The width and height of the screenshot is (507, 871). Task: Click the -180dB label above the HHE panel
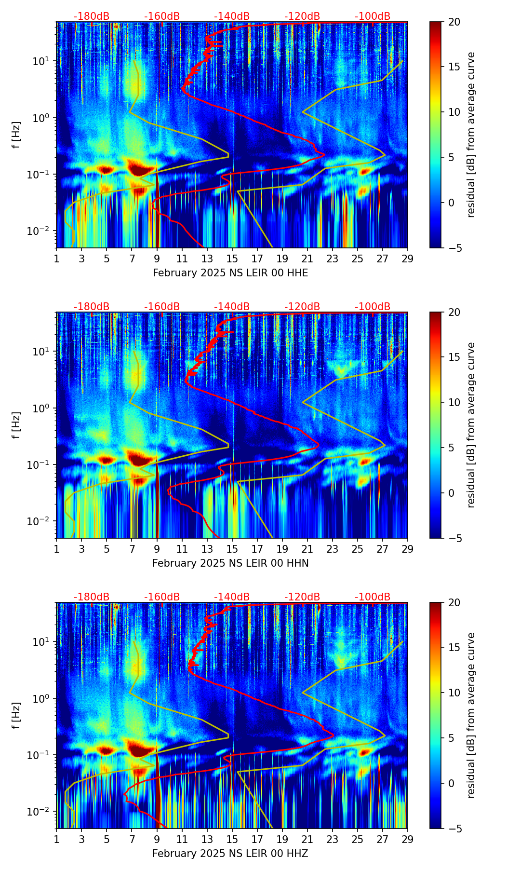92,16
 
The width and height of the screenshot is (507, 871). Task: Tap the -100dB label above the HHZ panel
373,597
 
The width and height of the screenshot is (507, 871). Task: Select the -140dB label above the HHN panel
232,307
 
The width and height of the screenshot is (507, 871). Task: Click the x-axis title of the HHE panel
230,273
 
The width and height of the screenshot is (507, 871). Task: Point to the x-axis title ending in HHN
230,563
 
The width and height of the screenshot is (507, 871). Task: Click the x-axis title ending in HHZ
230,854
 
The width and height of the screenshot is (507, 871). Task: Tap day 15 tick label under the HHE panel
232,259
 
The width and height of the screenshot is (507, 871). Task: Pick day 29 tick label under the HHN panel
408,549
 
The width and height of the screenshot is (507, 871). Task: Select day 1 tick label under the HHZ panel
57,840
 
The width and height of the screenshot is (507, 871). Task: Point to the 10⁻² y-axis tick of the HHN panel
42,521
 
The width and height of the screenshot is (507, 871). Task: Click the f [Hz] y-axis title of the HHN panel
17,425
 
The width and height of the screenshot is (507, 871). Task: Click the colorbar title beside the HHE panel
471,135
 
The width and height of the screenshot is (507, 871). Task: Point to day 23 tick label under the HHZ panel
333,840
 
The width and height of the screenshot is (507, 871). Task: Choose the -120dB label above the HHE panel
302,16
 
